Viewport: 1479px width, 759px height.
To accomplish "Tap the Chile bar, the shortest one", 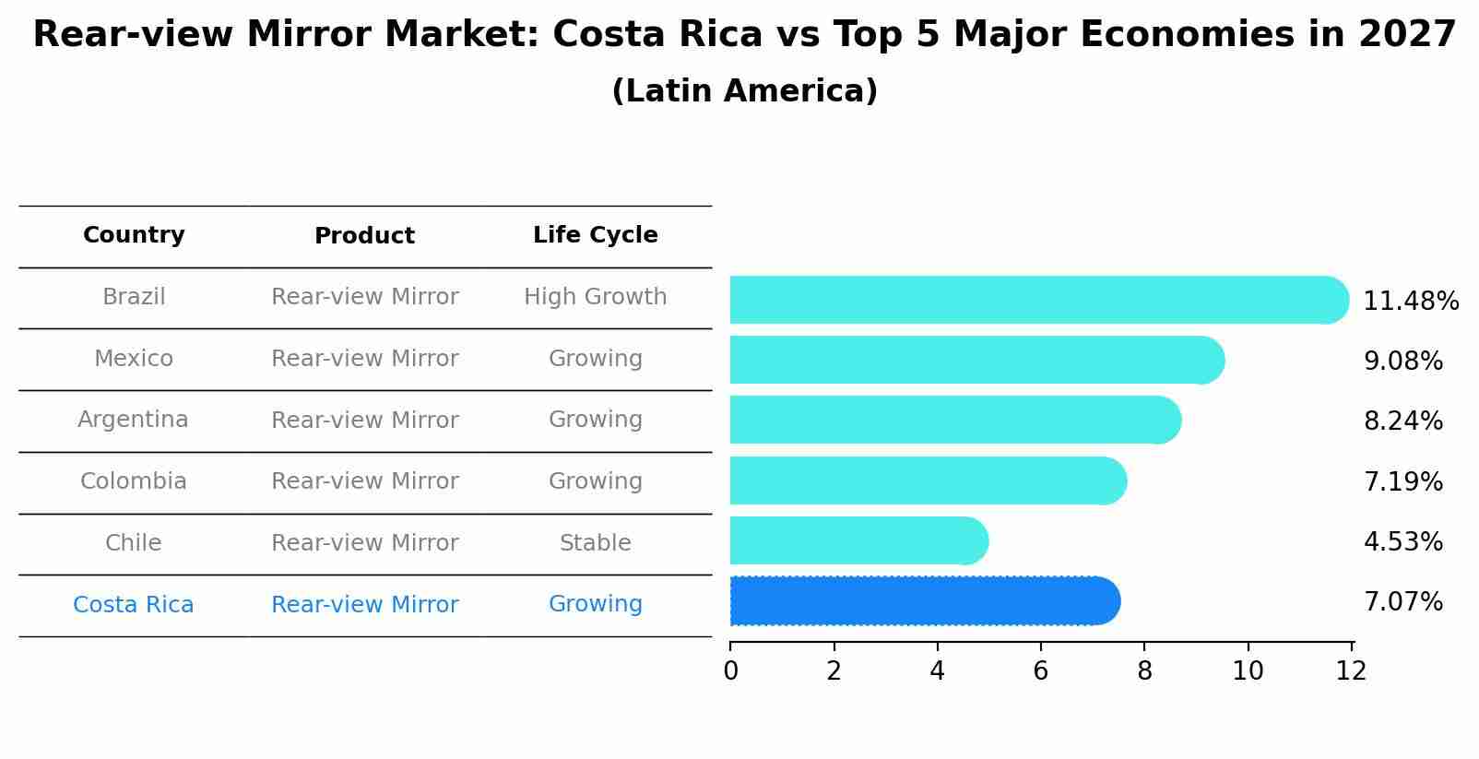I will (x=858, y=540).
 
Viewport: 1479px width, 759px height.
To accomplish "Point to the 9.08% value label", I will (x=1402, y=362).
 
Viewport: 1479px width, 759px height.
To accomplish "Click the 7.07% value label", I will (x=1402, y=602).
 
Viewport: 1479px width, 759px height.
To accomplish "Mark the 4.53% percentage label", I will (x=1402, y=542).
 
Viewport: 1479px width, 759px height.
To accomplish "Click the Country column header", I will (x=134, y=235).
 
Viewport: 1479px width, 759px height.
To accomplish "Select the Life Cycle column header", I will (x=595, y=235).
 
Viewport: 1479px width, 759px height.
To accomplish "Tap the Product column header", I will (x=364, y=236).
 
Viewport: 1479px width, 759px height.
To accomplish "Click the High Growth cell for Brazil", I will (x=595, y=297).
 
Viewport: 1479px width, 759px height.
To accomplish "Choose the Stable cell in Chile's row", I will (x=595, y=543).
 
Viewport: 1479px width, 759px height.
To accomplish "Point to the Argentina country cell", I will (x=133, y=420).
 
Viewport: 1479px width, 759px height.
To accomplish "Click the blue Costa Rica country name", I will (x=133, y=605).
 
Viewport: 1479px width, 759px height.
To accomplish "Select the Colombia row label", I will (x=133, y=481).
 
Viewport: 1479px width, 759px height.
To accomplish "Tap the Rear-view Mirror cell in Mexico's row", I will (x=364, y=359).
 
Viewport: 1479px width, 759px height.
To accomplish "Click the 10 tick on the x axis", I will (x=1248, y=671).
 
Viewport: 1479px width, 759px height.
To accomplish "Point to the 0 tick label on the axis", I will (x=730, y=671).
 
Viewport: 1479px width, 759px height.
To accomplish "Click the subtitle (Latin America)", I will (x=744, y=91).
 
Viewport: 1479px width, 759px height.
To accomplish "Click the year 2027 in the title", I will (x=1406, y=35).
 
